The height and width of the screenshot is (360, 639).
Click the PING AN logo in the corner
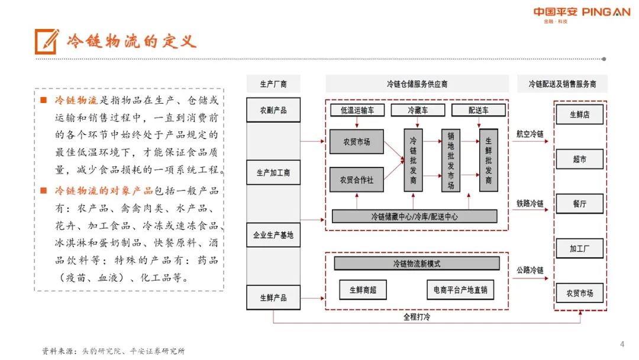click(582, 15)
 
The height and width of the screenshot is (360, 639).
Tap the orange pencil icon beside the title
click(47, 41)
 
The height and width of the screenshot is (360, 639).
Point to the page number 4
click(622, 344)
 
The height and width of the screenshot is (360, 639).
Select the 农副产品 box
click(273, 110)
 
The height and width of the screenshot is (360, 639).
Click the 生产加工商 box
click(273, 172)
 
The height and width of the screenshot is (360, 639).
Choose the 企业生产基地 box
click(273, 235)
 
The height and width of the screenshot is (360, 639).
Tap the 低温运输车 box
click(357, 110)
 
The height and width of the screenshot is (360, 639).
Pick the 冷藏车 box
click(418, 110)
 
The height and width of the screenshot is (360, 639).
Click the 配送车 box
click(479, 110)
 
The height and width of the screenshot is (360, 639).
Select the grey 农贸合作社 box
click(357, 180)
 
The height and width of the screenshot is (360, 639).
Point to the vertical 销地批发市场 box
click(451, 160)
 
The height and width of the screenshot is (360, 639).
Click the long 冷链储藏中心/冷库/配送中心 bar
click(414, 217)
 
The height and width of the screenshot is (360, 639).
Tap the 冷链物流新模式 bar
click(417, 263)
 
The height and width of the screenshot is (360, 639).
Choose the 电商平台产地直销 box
click(460, 290)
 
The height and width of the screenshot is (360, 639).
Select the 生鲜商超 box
click(363, 290)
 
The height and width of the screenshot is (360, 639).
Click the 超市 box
click(579, 159)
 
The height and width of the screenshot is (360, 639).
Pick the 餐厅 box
click(579, 204)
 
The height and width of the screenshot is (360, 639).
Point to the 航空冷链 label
click(530, 134)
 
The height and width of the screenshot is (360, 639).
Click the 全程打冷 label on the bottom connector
click(417, 317)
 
